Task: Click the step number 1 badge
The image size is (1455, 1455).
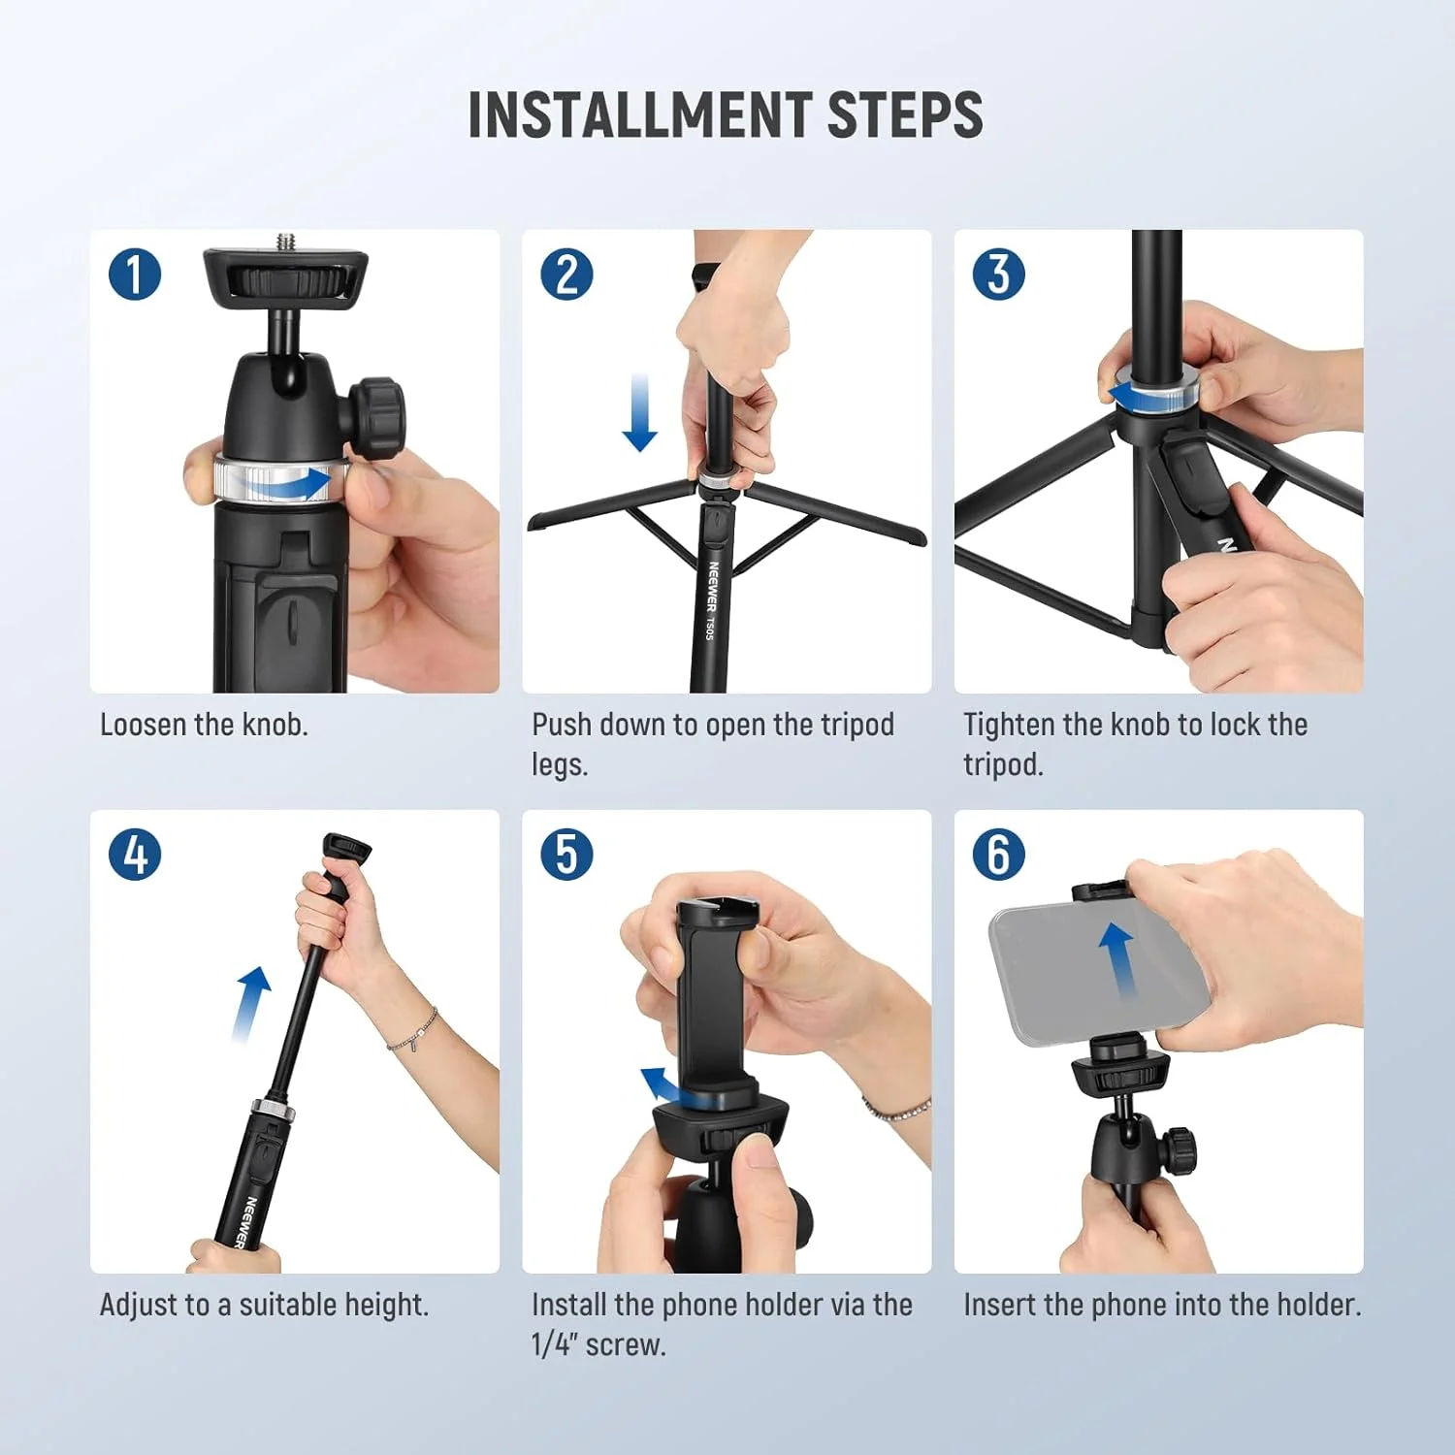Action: (x=135, y=274)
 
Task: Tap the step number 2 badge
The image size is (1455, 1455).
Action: (x=566, y=274)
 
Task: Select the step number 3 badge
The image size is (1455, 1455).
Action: (x=998, y=274)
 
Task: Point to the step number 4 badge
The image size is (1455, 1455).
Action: (x=135, y=855)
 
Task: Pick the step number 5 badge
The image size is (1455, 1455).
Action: (x=566, y=855)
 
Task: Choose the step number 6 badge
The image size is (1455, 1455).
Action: (x=998, y=855)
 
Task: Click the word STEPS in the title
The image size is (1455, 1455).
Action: (x=904, y=115)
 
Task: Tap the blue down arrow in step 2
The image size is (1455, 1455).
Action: (x=639, y=412)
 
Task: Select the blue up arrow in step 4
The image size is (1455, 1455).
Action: (x=250, y=1004)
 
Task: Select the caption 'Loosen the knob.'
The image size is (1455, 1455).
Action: (x=204, y=725)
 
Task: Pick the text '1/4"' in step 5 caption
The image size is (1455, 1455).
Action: (x=554, y=1344)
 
